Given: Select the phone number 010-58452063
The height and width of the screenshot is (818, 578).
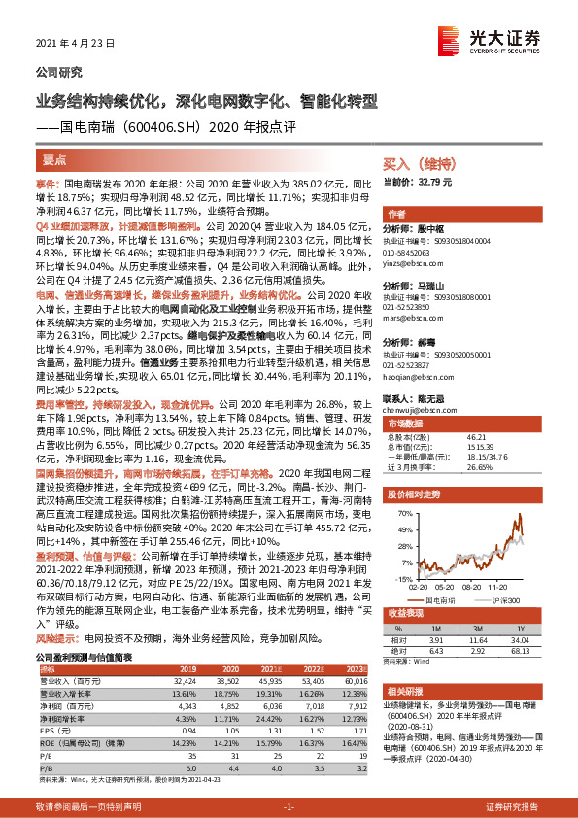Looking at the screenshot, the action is point(417,252).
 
